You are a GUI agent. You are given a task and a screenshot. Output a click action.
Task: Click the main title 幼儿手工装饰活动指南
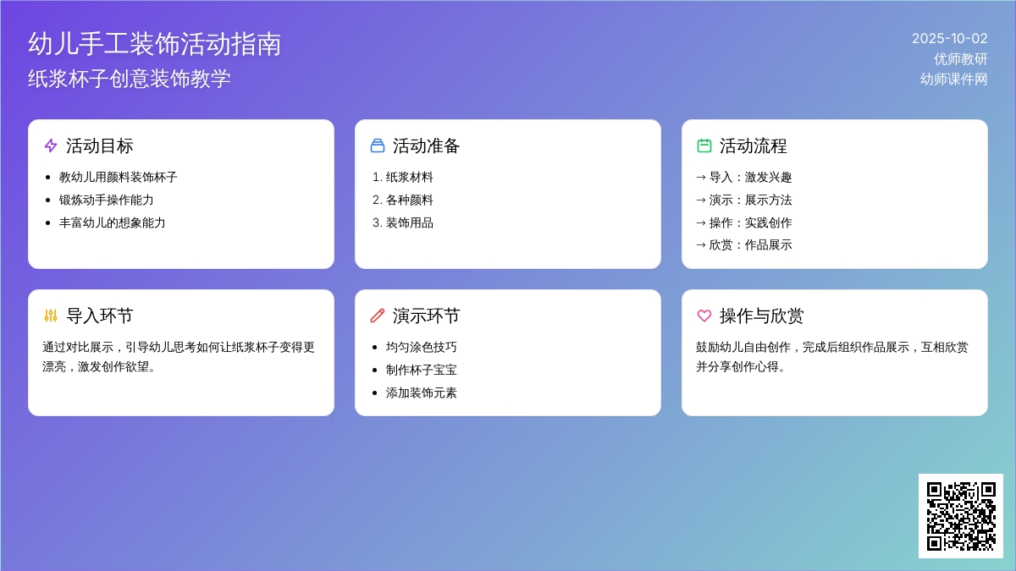point(154,44)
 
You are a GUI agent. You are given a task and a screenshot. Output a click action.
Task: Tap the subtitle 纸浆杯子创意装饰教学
point(130,79)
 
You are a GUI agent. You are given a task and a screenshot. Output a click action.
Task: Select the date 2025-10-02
point(950,39)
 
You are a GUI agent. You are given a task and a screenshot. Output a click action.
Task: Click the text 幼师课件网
point(954,80)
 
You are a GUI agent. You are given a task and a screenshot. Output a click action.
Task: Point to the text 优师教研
point(961,59)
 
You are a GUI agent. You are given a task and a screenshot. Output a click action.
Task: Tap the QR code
point(961,516)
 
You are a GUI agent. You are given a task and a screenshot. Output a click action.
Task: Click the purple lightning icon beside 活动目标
point(51,145)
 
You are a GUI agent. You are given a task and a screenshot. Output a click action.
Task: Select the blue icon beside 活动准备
point(378,145)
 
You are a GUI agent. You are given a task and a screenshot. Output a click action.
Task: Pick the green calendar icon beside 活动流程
point(704,145)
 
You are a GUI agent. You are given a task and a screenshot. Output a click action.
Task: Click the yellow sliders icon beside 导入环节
point(51,316)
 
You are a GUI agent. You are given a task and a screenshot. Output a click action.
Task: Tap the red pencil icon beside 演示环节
point(378,316)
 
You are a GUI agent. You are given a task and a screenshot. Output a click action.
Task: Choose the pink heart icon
point(704,316)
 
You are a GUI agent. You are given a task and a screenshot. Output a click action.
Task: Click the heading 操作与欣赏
point(761,316)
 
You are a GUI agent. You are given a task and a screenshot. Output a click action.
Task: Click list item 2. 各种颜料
point(403,200)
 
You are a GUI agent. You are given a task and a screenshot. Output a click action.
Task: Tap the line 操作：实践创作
point(744,222)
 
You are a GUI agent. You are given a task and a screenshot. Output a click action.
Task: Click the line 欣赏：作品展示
point(744,244)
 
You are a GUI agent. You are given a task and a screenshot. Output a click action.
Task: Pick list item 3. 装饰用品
point(403,222)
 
